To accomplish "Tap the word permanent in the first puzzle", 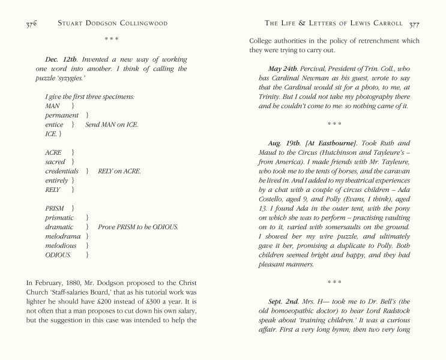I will tap(61, 115).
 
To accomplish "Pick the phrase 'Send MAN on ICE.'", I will tap(112, 124).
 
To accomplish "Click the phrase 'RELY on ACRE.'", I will tap(119, 171).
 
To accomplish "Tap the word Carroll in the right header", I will tap(385, 24).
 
